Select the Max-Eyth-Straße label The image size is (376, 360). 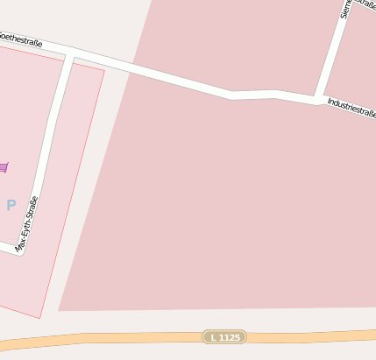(x=28, y=224)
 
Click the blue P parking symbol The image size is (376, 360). (x=11, y=205)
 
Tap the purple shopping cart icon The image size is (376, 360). (x=4, y=166)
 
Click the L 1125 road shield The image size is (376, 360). (x=224, y=336)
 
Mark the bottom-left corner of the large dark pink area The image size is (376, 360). (x=58, y=310)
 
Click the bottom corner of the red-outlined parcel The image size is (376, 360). (x=40, y=318)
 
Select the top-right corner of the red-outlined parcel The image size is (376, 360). (x=104, y=70)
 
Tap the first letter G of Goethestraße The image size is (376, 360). (x=1, y=35)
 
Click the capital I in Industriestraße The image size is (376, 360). (x=330, y=102)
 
